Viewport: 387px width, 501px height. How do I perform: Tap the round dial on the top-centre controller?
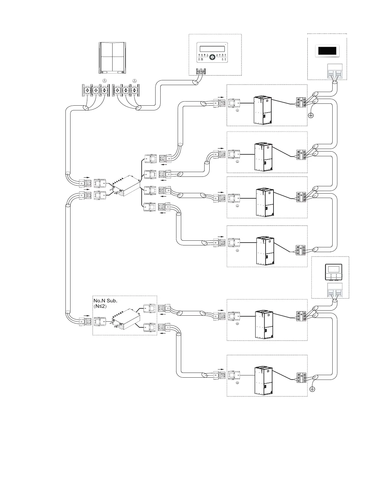click(x=212, y=57)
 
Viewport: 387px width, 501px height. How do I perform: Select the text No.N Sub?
click(x=105, y=300)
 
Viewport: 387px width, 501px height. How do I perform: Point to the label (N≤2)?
click(x=101, y=306)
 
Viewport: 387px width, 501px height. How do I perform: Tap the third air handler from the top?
click(x=265, y=202)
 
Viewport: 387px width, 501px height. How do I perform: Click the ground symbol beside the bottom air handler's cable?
click(x=312, y=389)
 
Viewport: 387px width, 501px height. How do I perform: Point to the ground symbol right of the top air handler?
click(x=310, y=115)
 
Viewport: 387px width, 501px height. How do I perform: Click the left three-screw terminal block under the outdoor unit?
click(x=95, y=90)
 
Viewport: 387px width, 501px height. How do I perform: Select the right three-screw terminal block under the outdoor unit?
click(x=126, y=90)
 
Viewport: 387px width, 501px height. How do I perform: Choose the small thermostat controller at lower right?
click(x=334, y=271)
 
